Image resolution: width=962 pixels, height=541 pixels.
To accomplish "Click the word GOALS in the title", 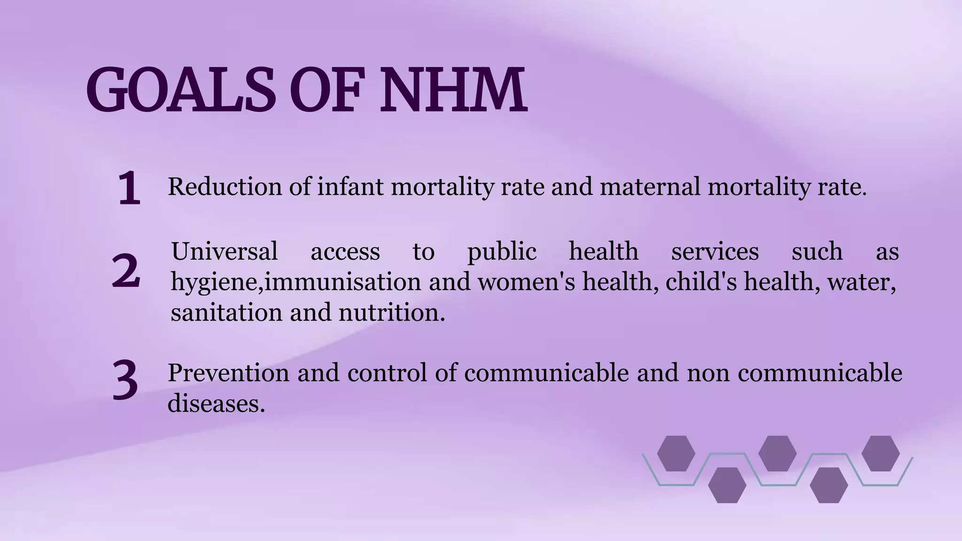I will coord(180,90).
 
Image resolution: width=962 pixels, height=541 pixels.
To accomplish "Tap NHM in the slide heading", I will coord(453,90).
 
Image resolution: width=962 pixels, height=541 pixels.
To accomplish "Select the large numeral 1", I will coord(129,188).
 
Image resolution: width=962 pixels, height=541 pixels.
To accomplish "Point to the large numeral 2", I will coord(126,271).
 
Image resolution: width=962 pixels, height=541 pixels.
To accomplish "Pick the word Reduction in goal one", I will coord(225,186).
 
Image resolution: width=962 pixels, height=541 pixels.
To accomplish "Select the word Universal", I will coord(225,251).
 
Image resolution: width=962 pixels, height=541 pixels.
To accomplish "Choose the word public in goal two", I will coord(502,252).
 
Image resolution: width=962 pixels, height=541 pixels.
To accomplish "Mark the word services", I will coord(714,251).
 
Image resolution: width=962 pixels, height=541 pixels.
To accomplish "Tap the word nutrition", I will coord(392,312).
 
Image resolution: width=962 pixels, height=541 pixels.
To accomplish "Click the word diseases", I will coord(216,403).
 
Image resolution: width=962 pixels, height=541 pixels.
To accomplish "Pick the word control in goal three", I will coord(387,373).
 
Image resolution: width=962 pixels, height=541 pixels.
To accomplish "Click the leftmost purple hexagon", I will coord(676,453).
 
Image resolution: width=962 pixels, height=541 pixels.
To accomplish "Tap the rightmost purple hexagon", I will coord(880,453).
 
